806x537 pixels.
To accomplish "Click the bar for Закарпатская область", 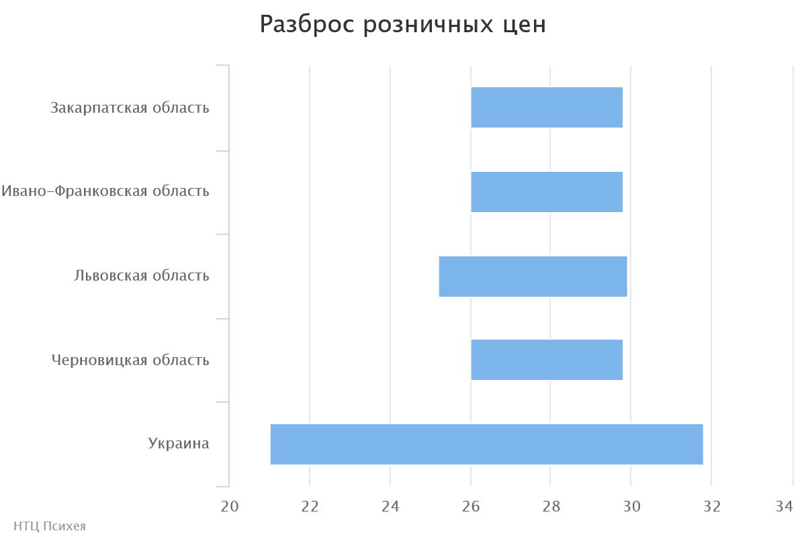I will (547, 107).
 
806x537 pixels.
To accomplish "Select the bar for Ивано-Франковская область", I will (547, 192).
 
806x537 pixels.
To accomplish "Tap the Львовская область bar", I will (533, 277).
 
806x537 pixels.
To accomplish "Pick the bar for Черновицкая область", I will (547, 360).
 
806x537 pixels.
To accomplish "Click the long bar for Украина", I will (486, 444).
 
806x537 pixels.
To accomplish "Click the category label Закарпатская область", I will (130, 107).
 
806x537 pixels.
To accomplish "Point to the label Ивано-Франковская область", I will (105, 191).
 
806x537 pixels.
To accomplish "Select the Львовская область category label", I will (142, 276).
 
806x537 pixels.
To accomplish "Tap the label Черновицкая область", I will (130, 360).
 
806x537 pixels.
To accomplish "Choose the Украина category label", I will (179, 444).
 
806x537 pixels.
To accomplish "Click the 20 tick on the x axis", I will (230, 507).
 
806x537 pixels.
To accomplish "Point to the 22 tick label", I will (310, 507).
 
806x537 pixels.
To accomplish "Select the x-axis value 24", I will (390, 507).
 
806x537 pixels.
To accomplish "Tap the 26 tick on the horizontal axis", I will (471, 507).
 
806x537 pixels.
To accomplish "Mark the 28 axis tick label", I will (551, 507).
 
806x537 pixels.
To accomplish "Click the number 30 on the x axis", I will (631, 507).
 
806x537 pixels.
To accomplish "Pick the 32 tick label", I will (711, 507).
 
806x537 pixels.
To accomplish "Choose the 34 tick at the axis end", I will (785, 507).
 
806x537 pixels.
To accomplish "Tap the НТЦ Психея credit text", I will (50, 526).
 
